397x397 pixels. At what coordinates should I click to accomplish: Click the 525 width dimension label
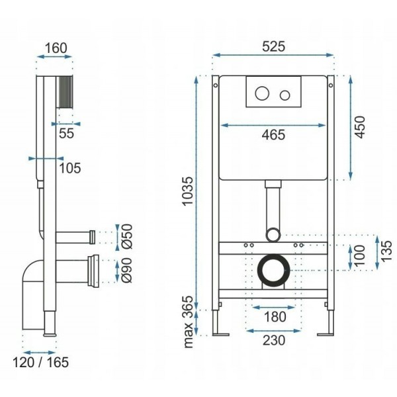tap(273, 46)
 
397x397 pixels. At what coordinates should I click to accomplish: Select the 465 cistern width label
tap(273, 135)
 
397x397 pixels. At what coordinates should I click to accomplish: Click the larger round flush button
tap(262, 93)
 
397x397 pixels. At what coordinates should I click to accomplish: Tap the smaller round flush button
tap(285, 95)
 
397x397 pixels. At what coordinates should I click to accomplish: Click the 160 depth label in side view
tap(56, 48)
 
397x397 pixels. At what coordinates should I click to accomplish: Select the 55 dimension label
tap(66, 133)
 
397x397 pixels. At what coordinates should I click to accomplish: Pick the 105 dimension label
tap(70, 168)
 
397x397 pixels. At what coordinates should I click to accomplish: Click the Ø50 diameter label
tap(127, 236)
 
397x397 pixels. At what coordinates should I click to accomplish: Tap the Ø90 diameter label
tap(127, 270)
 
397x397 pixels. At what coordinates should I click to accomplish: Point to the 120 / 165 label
tap(40, 362)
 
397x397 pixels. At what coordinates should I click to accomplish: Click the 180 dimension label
tap(275, 316)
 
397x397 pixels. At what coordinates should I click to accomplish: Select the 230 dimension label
tap(274, 340)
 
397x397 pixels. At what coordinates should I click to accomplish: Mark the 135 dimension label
tap(386, 251)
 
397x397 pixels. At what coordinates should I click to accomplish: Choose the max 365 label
tap(188, 322)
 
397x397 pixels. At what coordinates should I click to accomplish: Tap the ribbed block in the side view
tap(66, 92)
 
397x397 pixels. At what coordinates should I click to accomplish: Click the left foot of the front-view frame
tap(220, 334)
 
